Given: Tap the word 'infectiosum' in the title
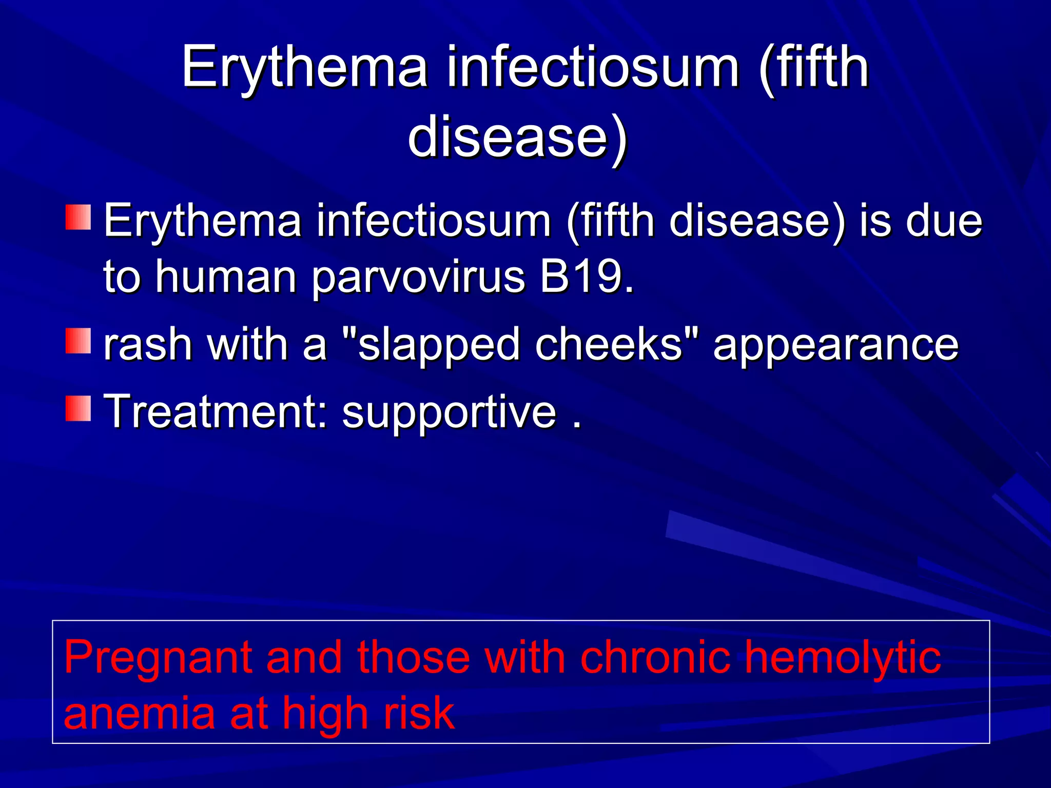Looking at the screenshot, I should coord(593,68).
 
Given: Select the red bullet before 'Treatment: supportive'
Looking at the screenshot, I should coord(78,408).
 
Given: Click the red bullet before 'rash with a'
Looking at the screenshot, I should coord(78,341).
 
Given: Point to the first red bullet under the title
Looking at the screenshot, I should coord(78,217).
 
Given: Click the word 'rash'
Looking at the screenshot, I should coord(147,344).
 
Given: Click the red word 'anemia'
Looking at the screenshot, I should coord(139,714).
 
